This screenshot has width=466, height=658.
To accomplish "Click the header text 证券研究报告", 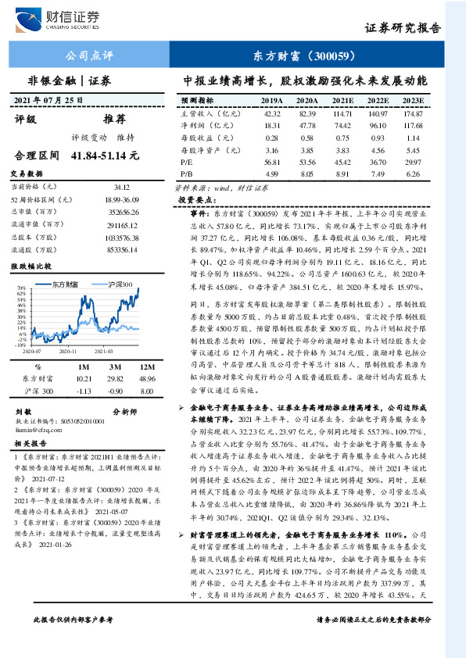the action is tap(403, 27).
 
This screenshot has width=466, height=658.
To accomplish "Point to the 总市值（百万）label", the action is tap(34, 211).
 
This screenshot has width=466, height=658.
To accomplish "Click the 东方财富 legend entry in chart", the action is tap(70, 286).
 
